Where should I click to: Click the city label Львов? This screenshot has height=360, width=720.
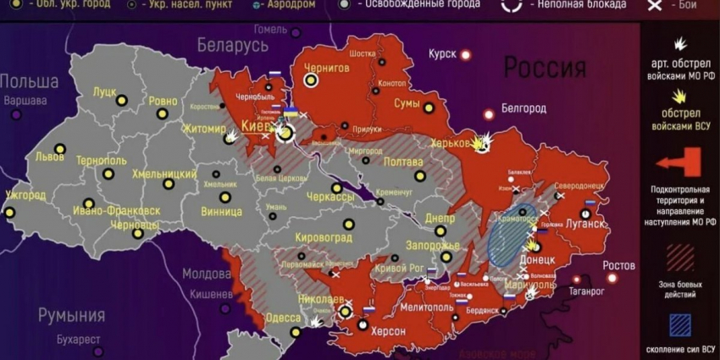[49, 157]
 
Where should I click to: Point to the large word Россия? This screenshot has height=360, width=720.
[545, 68]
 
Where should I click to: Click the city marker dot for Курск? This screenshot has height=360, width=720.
[465, 54]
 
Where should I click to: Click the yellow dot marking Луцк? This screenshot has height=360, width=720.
[121, 100]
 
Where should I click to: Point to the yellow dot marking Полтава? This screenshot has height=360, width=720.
[420, 176]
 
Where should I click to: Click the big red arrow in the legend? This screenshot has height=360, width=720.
[679, 162]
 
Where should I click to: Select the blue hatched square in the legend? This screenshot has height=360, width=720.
[680, 325]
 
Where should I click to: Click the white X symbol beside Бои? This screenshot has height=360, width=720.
[654, 5]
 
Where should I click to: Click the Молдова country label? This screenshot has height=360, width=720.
[208, 274]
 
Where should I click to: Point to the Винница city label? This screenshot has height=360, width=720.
[222, 212]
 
